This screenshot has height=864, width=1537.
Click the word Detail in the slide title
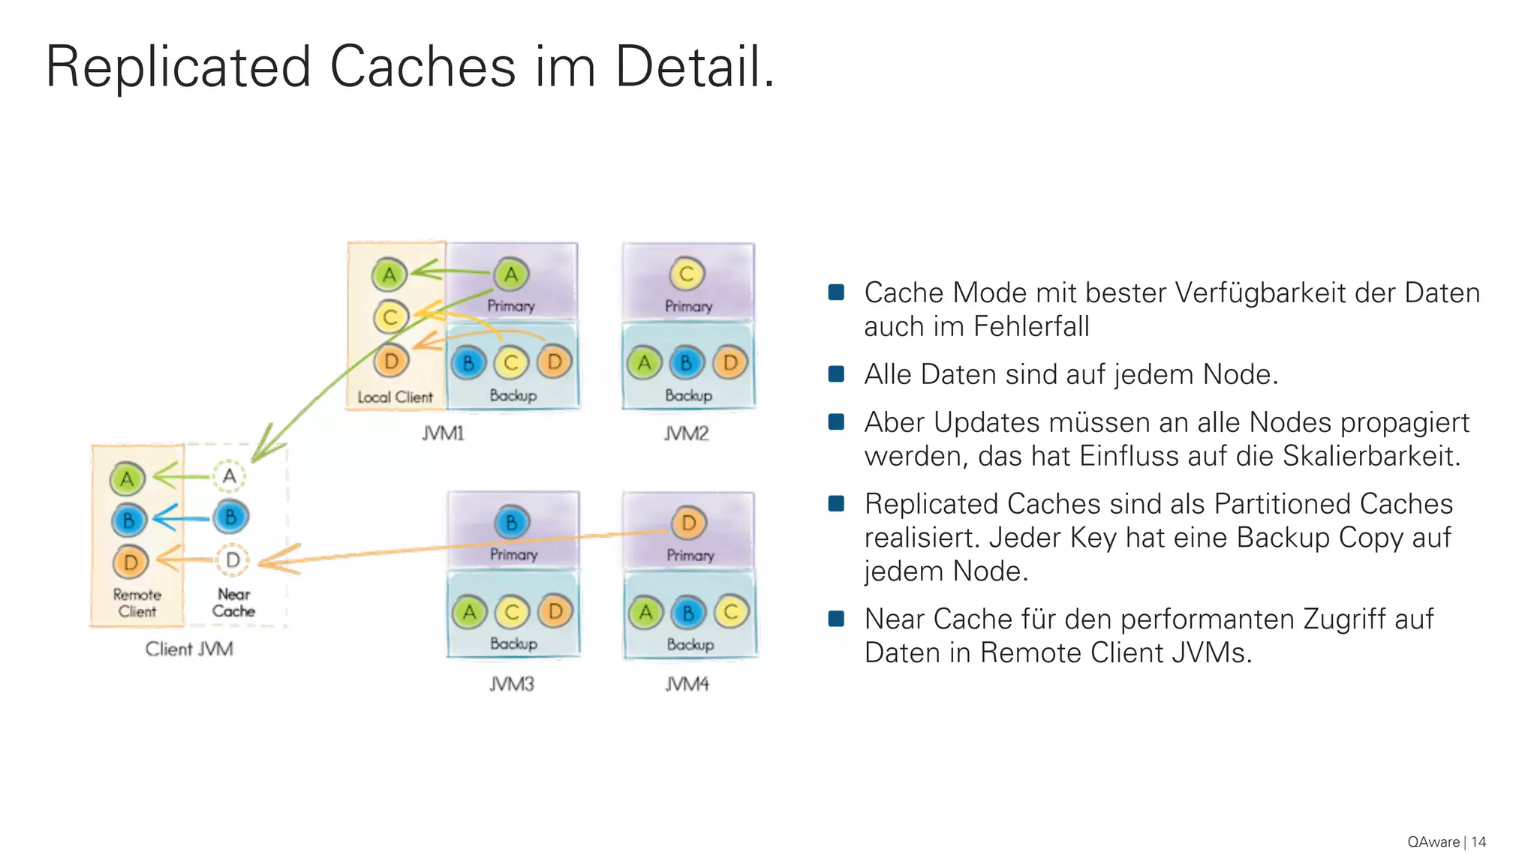[x=694, y=67]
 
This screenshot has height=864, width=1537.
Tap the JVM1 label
[x=443, y=433]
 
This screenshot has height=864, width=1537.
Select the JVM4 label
[x=687, y=684]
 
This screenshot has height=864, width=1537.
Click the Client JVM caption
[x=189, y=649]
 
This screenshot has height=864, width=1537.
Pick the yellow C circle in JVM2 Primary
[x=687, y=274]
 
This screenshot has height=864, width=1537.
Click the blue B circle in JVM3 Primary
[x=512, y=523]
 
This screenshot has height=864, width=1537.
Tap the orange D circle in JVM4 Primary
[x=688, y=523]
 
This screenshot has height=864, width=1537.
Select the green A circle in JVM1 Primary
[x=511, y=274]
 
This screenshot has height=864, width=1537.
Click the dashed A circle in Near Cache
[x=230, y=475]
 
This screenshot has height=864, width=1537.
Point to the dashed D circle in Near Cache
[x=233, y=559]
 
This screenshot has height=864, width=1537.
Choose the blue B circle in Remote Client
[x=128, y=520]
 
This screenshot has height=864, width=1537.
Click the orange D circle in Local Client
[x=391, y=361]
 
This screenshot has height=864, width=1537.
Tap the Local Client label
[x=395, y=397]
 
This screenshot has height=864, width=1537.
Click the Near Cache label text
[x=233, y=602]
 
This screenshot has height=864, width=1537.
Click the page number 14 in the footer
[x=1478, y=842]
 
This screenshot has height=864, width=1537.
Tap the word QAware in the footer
[x=1433, y=842]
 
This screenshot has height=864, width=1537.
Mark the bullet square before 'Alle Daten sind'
[x=836, y=373]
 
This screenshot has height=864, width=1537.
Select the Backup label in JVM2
[x=688, y=395]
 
